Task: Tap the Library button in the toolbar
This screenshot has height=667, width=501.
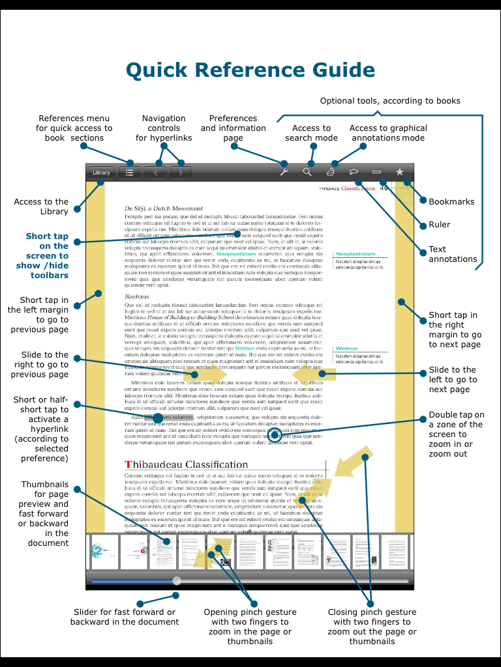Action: (x=101, y=173)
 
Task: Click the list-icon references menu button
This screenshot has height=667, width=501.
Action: (x=130, y=173)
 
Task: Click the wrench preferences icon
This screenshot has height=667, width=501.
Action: (x=284, y=172)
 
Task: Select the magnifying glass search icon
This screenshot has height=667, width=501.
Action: (x=307, y=172)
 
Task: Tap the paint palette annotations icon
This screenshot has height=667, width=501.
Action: (x=330, y=172)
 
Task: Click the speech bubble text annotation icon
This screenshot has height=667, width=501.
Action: (x=354, y=172)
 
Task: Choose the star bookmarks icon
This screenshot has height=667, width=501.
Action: (x=400, y=172)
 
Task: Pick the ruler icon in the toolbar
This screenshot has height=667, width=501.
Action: (x=376, y=172)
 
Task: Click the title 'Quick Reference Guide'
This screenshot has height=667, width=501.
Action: (x=250, y=70)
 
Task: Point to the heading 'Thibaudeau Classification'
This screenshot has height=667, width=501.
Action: (x=186, y=464)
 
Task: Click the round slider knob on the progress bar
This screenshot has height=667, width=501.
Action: (x=177, y=580)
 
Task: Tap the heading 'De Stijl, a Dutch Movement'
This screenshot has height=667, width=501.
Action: (x=163, y=208)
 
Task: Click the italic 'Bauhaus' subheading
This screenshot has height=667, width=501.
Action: (x=136, y=296)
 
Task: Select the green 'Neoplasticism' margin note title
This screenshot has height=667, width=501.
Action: (x=355, y=254)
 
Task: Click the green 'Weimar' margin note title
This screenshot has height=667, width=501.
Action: (x=345, y=348)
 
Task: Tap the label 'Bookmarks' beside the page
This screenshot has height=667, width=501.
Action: (x=451, y=202)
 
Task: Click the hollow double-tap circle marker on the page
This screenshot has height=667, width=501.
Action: (x=275, y=436)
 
